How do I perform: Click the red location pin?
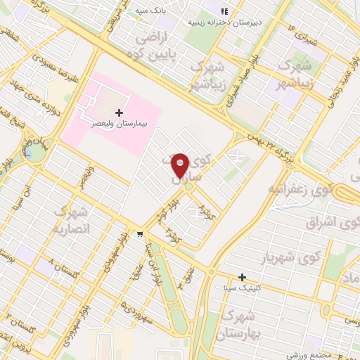181,165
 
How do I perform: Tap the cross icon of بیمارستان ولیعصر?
119,112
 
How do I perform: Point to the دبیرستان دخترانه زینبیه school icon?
224,12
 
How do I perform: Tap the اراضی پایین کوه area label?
151,45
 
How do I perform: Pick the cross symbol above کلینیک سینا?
242,277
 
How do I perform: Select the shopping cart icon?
141,234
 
